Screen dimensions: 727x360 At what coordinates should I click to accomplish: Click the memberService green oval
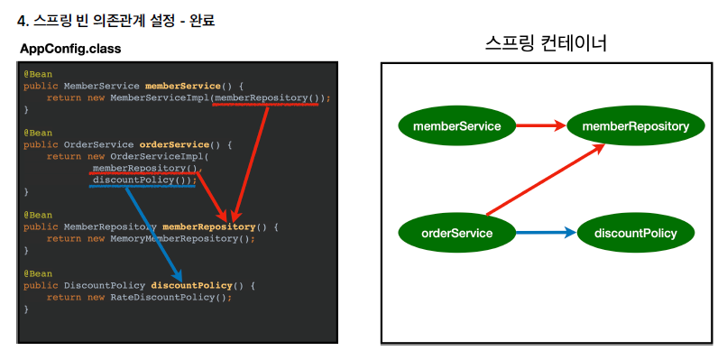(x=456, y=125)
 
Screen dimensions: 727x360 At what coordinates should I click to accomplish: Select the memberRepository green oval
(x=636, y=125)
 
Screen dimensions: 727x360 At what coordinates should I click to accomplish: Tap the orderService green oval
(x=456, y=233)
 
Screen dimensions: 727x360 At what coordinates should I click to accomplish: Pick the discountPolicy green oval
(x=636, y=233)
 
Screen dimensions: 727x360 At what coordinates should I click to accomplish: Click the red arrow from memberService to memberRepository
(x=541, y=125)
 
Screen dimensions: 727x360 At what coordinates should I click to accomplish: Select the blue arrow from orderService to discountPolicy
(x=547, y=233)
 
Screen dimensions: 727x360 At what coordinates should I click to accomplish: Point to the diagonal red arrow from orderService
(x=546, y=180)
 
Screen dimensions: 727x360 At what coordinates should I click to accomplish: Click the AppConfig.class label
(x=70, y=49)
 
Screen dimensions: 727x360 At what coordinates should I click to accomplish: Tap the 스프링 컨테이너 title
(x=546, y=43)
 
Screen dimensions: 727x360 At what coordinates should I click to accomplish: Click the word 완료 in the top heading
(x=202, y=21)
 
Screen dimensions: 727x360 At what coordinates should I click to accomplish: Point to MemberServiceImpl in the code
(x=160, y=97)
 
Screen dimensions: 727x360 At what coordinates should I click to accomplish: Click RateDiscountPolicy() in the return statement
(x=168, y=298)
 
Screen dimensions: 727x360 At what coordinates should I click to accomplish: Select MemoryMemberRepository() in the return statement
(x=179, y=239)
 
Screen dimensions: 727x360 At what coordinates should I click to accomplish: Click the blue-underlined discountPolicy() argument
(x=142, y=180)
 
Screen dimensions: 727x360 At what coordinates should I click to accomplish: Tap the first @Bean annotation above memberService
(x=38, y=74)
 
